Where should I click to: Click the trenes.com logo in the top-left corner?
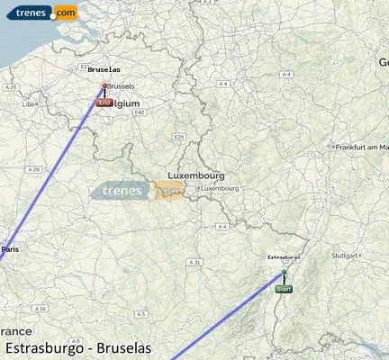coord(40,13)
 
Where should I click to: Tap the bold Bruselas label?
coord(104,69)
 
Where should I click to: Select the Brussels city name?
coord(121,85)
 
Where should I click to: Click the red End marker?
coord(104,103)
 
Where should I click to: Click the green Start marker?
coord(284,288)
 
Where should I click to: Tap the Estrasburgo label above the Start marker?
coord(285,257)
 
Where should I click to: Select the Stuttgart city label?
coord(346,256)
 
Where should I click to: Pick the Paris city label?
coord(11,248)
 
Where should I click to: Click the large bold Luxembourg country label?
coord(196,175)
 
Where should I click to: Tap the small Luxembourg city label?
coord(219,188)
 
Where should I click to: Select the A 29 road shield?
coord(34,169)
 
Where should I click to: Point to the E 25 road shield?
coord(179,136)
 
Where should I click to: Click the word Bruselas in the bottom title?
coord(120,347)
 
